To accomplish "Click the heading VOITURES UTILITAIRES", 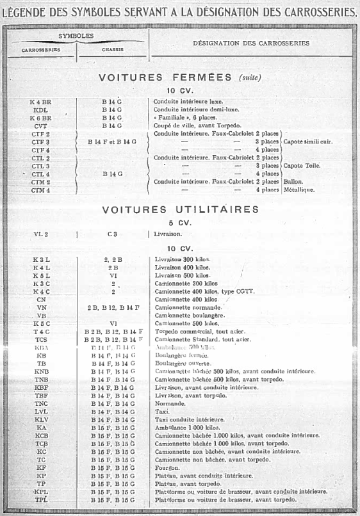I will click(180, 209).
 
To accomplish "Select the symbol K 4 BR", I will click(40, 101).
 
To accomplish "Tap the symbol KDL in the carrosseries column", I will click(40, 109).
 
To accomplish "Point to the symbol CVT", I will click(40, 126).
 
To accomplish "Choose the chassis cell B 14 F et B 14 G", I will click(112, 141).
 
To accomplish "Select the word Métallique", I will click(299, 190).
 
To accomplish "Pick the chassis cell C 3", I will click(112, 234).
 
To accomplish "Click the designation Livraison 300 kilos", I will click(183, 259).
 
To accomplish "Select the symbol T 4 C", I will click(42, 331).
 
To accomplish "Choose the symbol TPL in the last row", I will click(42, 499).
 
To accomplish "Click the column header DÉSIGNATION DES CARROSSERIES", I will click(250, 44).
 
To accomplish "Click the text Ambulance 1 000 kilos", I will click(186, 427).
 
